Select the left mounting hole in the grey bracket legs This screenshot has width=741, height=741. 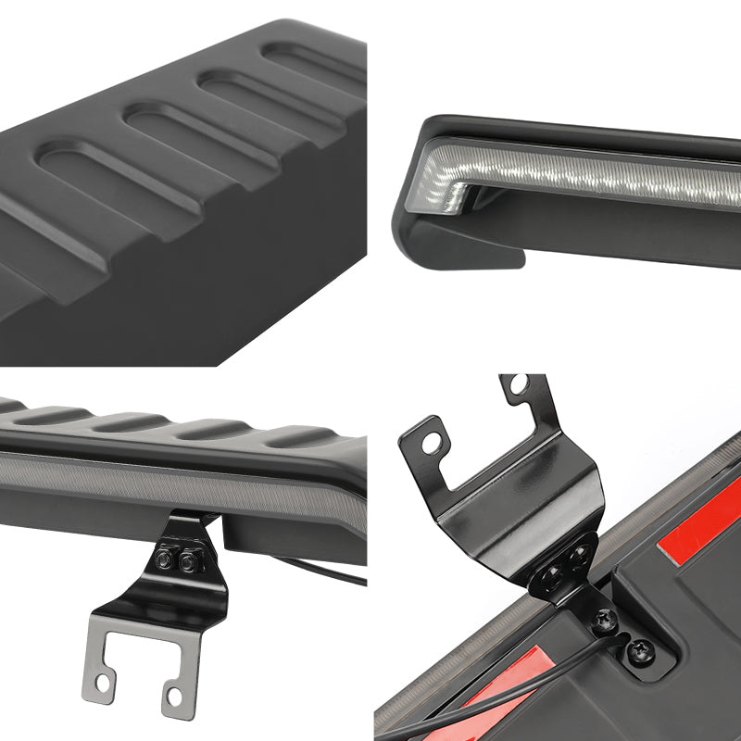tap(104, 683)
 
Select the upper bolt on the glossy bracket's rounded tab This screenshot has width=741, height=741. tap(579, 557)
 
